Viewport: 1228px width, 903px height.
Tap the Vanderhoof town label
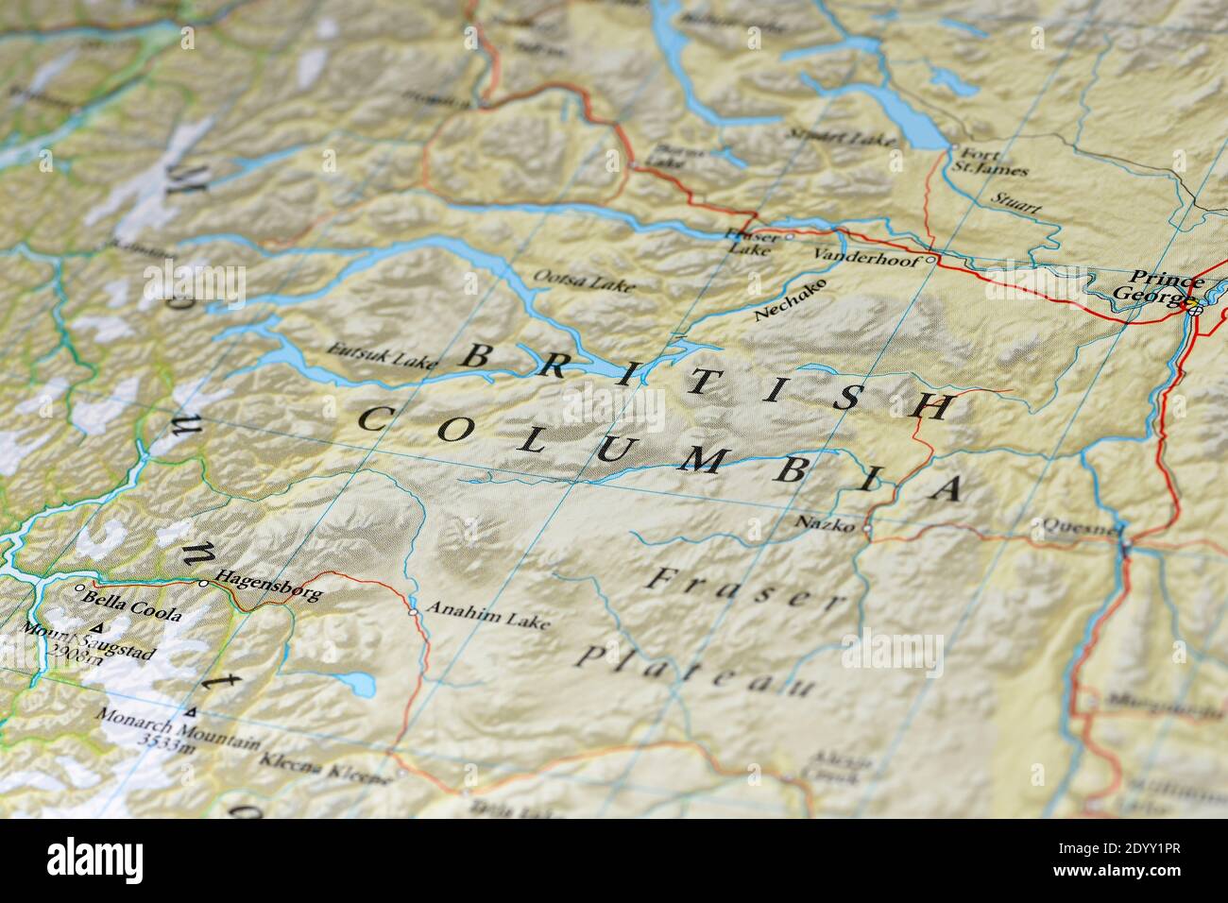click(x=865, y=257)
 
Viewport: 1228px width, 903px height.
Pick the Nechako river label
click(x=791, y=300)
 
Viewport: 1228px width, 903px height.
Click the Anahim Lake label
click(x=487, y=614)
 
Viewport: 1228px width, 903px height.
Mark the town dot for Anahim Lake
click(x=413, y=612)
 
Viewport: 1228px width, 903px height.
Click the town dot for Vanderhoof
click(x=930, y=259)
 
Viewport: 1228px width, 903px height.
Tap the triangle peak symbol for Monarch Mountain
click(x=193, y=711)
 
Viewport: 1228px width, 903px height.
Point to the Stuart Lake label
click(x=841, y=138)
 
